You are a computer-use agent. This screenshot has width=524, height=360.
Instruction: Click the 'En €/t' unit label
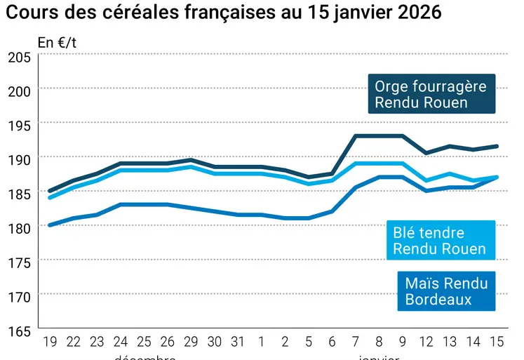[x=58, y=42]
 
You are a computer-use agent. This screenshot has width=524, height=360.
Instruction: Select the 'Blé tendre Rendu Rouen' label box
[x=440, y=241]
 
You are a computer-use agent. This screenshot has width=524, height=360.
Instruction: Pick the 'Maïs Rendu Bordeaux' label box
[x=446, y=291]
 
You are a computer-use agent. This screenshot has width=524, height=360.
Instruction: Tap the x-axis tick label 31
[x=238, y=342]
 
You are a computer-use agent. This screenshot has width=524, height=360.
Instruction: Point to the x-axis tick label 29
[x=191, y=342]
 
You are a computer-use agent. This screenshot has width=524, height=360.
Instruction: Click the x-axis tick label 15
[x=497, y=342]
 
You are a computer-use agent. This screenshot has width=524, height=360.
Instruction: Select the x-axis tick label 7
[x=356, y=342]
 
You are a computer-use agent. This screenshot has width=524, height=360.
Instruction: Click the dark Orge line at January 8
[x=379, y=135]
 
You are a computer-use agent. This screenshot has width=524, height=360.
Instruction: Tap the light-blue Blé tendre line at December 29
[x=191, y=166]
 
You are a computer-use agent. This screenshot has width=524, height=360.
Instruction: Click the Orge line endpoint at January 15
[x=497, y=146]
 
